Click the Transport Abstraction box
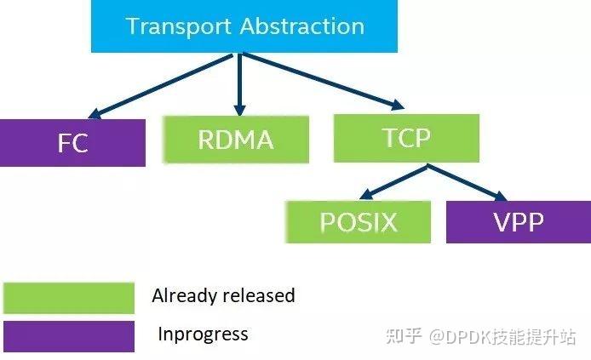tap(244, 26)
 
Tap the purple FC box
tap(72, 143)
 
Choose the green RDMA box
tap(235, 139)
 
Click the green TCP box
tap(406, 138)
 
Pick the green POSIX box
tap(358, 222)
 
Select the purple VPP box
tap(518, 222)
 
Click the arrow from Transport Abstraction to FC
tap(162, 86)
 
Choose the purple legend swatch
tap(68, 335)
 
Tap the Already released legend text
tap(223, 296)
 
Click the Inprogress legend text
tap(203, 334)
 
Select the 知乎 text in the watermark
tap(405, 336)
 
